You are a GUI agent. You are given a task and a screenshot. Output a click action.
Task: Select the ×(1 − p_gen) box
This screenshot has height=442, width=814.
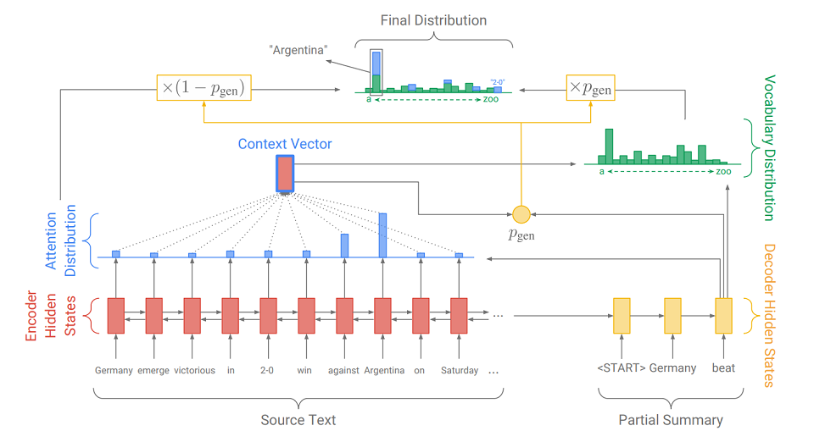(205, 87)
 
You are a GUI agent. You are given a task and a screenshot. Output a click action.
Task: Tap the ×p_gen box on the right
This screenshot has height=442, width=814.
(590, 87)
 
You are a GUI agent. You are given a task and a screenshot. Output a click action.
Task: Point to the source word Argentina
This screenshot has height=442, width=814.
(382, 370)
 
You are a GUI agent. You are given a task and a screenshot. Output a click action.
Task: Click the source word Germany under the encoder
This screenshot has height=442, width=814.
(114, 370)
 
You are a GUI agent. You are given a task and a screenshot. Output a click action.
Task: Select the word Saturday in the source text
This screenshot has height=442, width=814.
(460, 370)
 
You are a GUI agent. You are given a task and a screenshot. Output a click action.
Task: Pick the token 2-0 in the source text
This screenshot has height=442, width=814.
(268, 370)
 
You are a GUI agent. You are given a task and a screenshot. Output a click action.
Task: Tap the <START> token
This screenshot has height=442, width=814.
(622, 368)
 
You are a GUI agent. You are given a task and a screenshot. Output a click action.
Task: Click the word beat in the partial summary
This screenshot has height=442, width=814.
(723, 368)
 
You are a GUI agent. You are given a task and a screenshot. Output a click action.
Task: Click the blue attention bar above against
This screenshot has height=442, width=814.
(344, 246)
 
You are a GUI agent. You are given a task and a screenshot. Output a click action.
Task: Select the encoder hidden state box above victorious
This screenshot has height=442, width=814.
(192, 316)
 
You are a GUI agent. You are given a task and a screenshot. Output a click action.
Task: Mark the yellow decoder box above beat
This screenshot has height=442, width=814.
(723, 316)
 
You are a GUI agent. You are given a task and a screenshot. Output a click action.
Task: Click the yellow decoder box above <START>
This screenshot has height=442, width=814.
(622, 316)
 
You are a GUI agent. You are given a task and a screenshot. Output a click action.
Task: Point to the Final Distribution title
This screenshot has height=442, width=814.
(432, 19)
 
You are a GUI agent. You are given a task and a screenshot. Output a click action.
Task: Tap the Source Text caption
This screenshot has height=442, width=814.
(298, 420)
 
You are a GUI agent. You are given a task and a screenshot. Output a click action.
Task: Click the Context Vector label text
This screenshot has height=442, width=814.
(285, 144)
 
